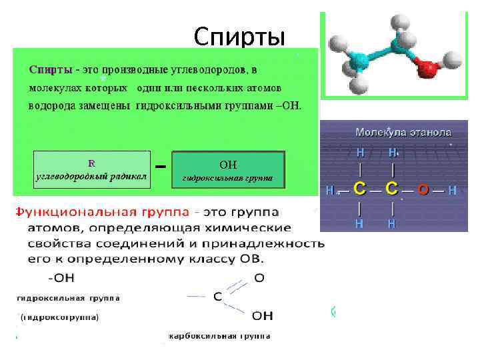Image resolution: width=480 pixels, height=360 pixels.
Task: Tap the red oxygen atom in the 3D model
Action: point(425,68)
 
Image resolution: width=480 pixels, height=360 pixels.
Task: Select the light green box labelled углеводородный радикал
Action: point(92,169)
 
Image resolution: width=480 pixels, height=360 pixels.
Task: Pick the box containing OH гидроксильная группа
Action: point(228,170)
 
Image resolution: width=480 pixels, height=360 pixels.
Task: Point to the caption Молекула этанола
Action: point(403,132)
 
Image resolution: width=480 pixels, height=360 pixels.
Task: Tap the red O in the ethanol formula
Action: point(423,190)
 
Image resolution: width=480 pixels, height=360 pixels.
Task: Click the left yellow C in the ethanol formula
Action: point(359,189)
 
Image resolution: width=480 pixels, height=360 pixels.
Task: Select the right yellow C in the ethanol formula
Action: point(393,189)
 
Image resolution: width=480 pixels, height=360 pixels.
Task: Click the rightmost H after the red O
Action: point(452,191)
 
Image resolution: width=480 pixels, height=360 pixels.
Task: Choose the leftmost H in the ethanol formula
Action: point(329,191)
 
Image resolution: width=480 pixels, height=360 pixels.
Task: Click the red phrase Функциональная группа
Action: point(101,213)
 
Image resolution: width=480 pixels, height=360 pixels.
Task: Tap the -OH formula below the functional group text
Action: point(61,275)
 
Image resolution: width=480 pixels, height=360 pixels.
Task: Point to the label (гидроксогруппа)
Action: point(60,317)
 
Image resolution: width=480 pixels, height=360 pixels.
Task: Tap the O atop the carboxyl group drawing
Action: point(259,278)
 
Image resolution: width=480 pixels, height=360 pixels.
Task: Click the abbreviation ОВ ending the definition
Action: point(251,259)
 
